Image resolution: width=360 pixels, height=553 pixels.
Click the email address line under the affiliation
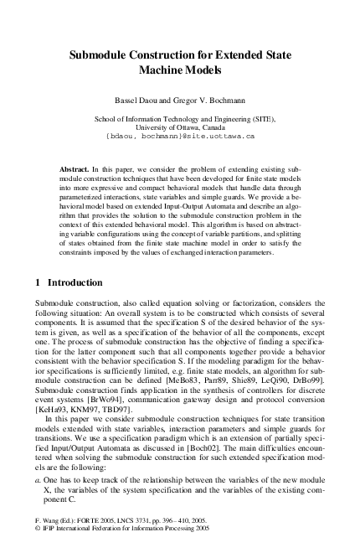(179, 135)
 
